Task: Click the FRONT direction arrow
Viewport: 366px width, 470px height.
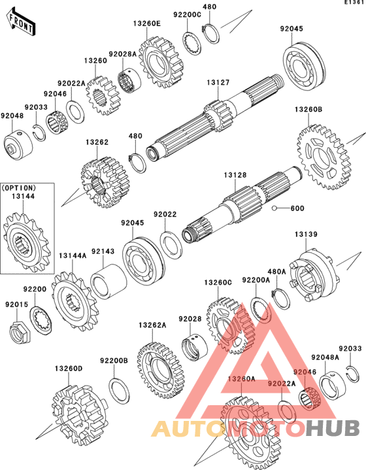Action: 21,22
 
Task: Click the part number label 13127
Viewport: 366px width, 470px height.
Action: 218,82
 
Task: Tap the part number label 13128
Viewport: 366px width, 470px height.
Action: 235,175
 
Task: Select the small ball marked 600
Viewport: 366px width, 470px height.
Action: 274,208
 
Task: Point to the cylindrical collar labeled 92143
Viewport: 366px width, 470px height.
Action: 108,281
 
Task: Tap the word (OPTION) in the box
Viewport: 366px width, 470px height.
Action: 19,188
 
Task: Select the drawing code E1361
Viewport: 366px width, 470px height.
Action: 354,3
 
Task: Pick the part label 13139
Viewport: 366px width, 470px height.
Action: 306,234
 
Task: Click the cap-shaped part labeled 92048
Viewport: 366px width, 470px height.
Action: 18,145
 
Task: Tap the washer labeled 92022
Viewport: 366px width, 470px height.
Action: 171,245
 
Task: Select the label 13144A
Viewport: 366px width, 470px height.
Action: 73,256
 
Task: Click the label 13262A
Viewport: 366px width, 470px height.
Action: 152,325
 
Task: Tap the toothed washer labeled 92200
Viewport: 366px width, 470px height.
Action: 41,321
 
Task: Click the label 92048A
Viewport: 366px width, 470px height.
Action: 325,357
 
